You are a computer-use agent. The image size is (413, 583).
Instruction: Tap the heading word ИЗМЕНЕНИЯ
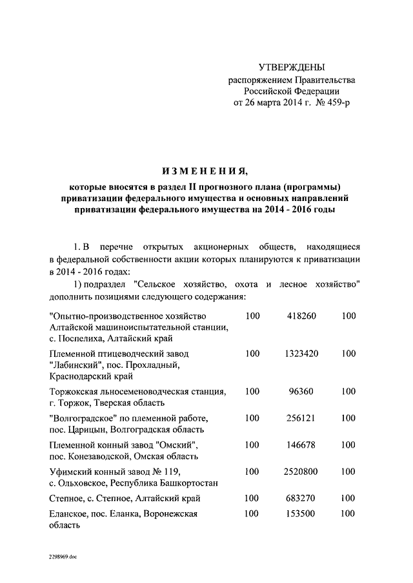(205, 171)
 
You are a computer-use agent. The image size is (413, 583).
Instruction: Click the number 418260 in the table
(301, 316)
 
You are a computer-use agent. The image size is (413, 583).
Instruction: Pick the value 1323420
(301, 354)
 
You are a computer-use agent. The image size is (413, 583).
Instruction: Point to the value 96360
(301, 391)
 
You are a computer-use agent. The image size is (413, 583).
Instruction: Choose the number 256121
(301, 418)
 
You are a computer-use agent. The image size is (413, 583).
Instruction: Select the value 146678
(301, 445)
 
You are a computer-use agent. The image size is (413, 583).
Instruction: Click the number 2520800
(301, 472)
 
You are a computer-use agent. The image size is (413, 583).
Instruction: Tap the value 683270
(301, 498)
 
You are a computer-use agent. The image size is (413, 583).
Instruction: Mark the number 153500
(301, 513)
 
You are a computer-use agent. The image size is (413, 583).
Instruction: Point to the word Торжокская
(77, 392)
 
